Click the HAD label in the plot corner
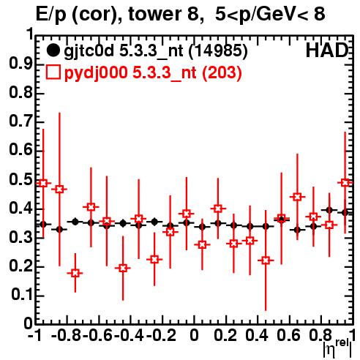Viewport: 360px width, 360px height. (327, 50)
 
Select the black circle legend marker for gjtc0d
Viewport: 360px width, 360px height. (53, 51)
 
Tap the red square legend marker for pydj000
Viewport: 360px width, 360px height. (53, 72)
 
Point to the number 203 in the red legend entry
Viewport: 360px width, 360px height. (222, 72)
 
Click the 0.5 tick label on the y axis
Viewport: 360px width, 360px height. (20, 180)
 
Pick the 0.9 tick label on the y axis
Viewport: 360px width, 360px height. (20, 64)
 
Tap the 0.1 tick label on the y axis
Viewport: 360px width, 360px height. (21, 295)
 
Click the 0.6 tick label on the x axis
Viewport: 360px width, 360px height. (288, 336)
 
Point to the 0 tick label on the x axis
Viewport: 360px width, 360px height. (194, 336)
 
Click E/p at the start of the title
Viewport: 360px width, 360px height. (51, 15)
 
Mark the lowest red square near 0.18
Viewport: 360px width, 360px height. (75, 273)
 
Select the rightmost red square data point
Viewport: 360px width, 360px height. (345, 182)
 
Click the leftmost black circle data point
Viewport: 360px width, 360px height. (43, 224)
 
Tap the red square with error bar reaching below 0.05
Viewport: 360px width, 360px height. (266, 260)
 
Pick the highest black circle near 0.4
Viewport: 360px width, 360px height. (329, 210)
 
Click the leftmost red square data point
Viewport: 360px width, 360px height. (43, 183)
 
